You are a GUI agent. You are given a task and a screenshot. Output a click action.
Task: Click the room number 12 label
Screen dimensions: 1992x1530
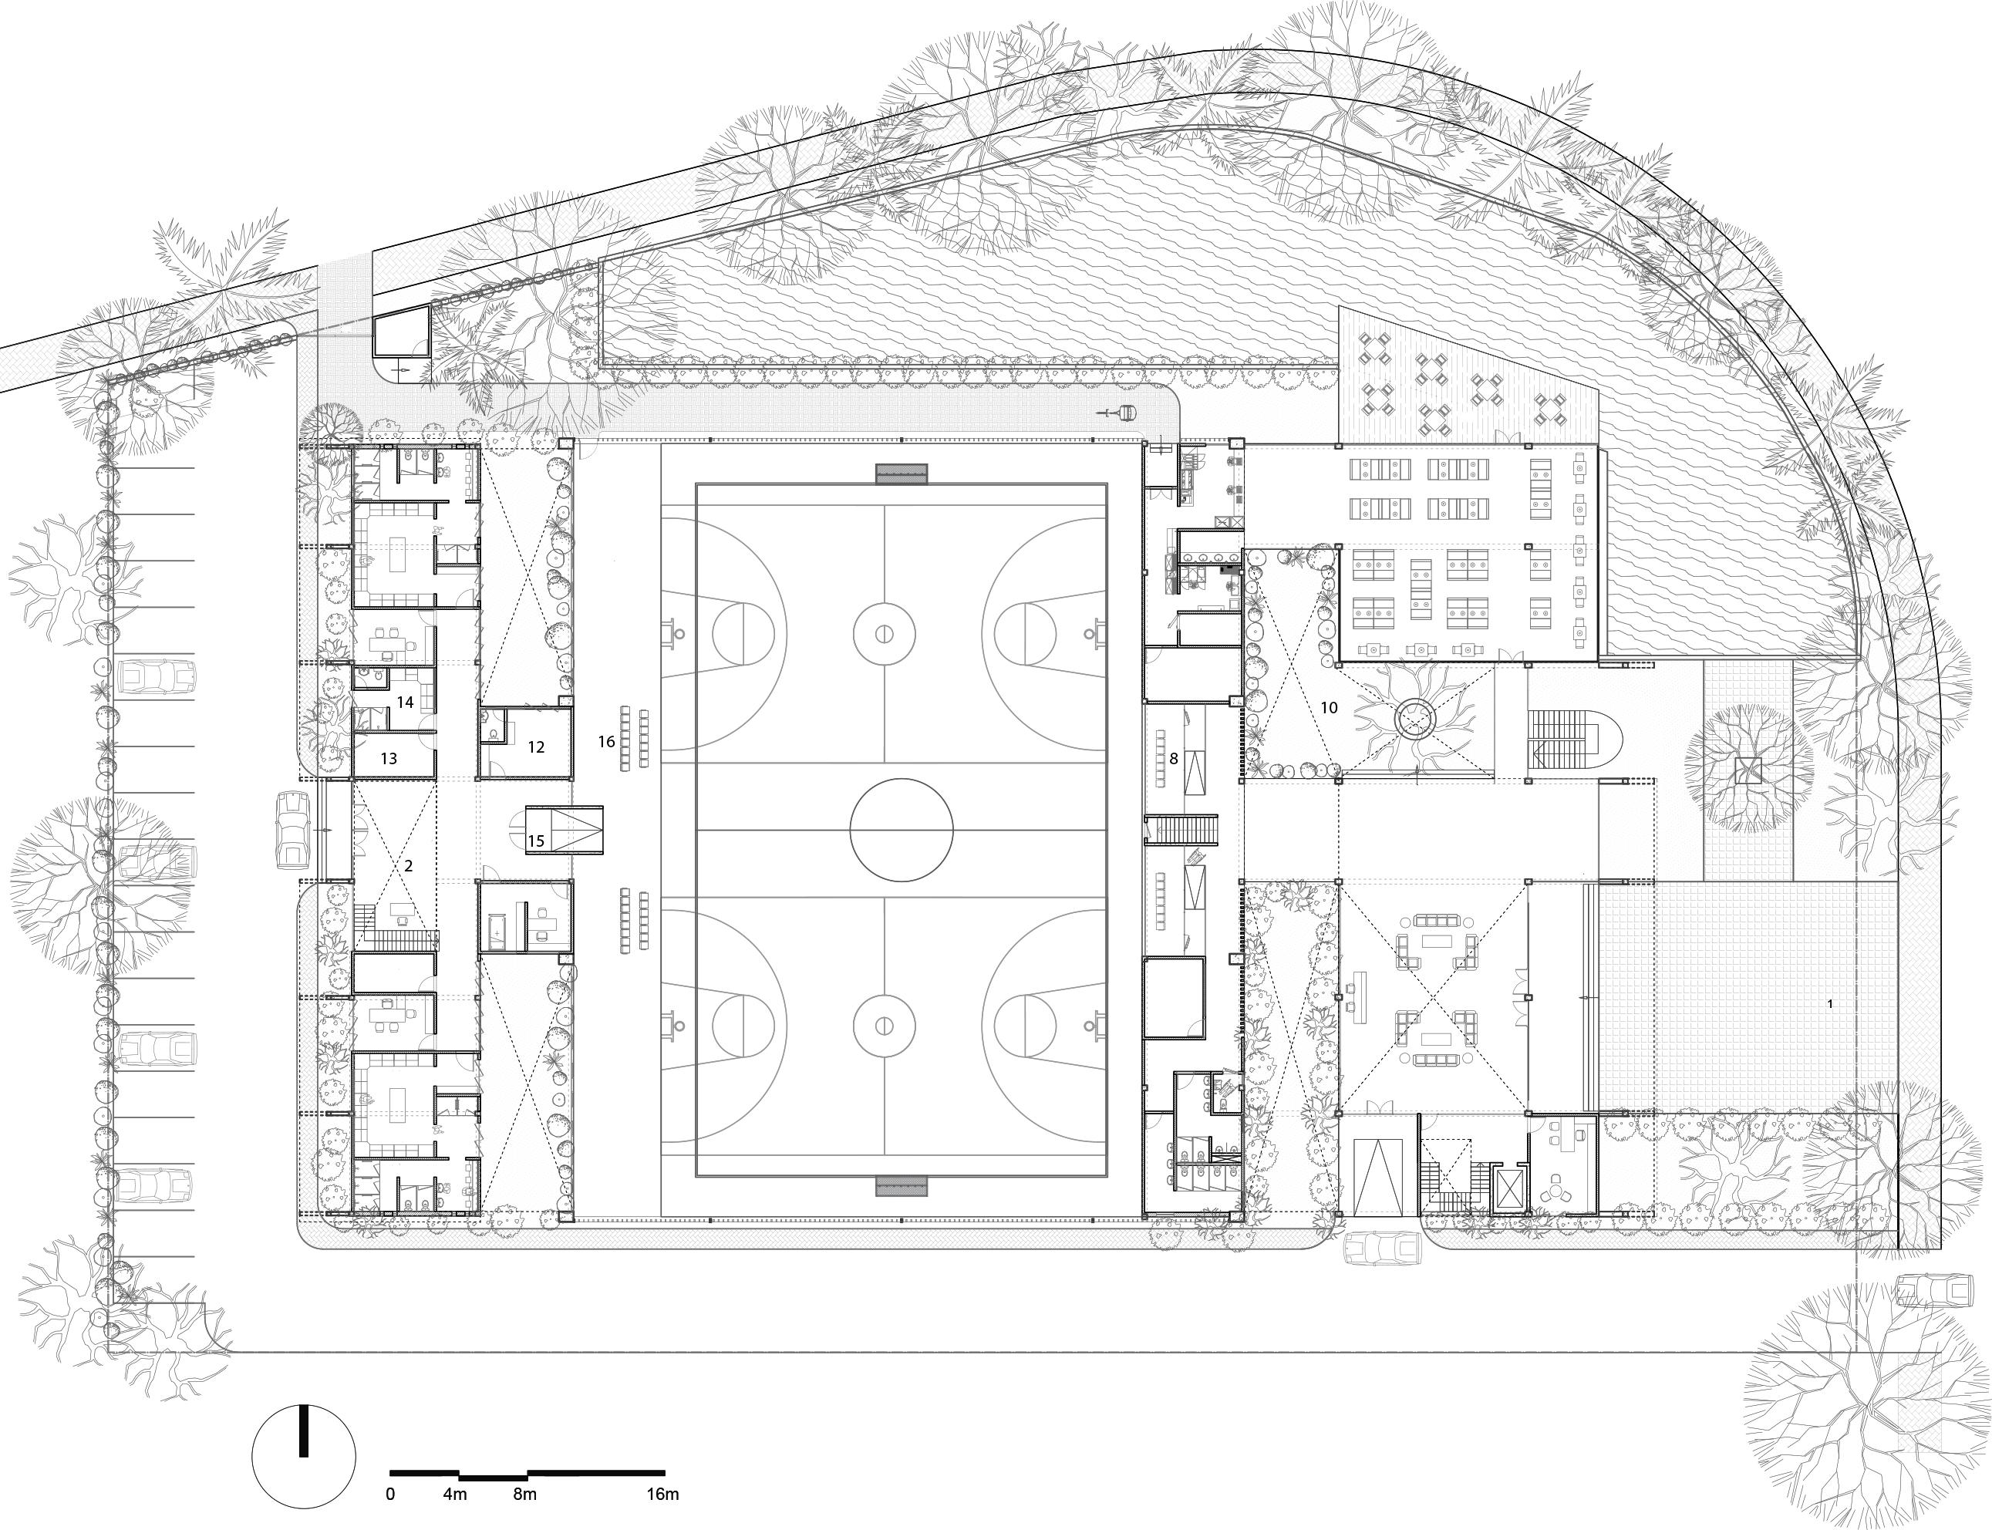pyautogui.click(x=535, y=746)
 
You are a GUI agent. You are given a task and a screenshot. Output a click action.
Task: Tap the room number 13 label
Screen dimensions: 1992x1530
pyautogui.click(x=389, y=758)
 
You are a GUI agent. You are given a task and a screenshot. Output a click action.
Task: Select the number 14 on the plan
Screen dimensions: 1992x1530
pyautogui.click(x=406, y=703)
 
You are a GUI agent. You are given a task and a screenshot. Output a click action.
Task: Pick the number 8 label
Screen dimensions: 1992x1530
pyautogui.click(x=1174, y=758)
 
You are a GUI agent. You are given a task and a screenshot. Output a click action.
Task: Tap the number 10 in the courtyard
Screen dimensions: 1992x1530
pyautogui.click(x=1329, y=706)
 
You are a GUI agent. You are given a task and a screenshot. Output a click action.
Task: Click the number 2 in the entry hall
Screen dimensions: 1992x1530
pyautogui.click(x=408, y=865)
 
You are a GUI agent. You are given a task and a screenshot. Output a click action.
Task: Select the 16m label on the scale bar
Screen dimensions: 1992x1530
pyautogui.click(x=663, y=1494)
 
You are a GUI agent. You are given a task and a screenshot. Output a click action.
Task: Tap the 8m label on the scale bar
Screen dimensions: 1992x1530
pyautogui.click(x=524, y=1494)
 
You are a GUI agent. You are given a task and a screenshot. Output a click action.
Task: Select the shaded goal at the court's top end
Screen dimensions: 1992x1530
pyautogui.click(x=902, y=474)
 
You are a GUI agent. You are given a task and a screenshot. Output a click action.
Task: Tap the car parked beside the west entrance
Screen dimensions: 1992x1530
pyautogui.click(x=291, y=831)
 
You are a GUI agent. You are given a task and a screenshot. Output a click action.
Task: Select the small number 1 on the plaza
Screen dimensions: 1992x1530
pyautogui.click(x=1829, y=1005)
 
